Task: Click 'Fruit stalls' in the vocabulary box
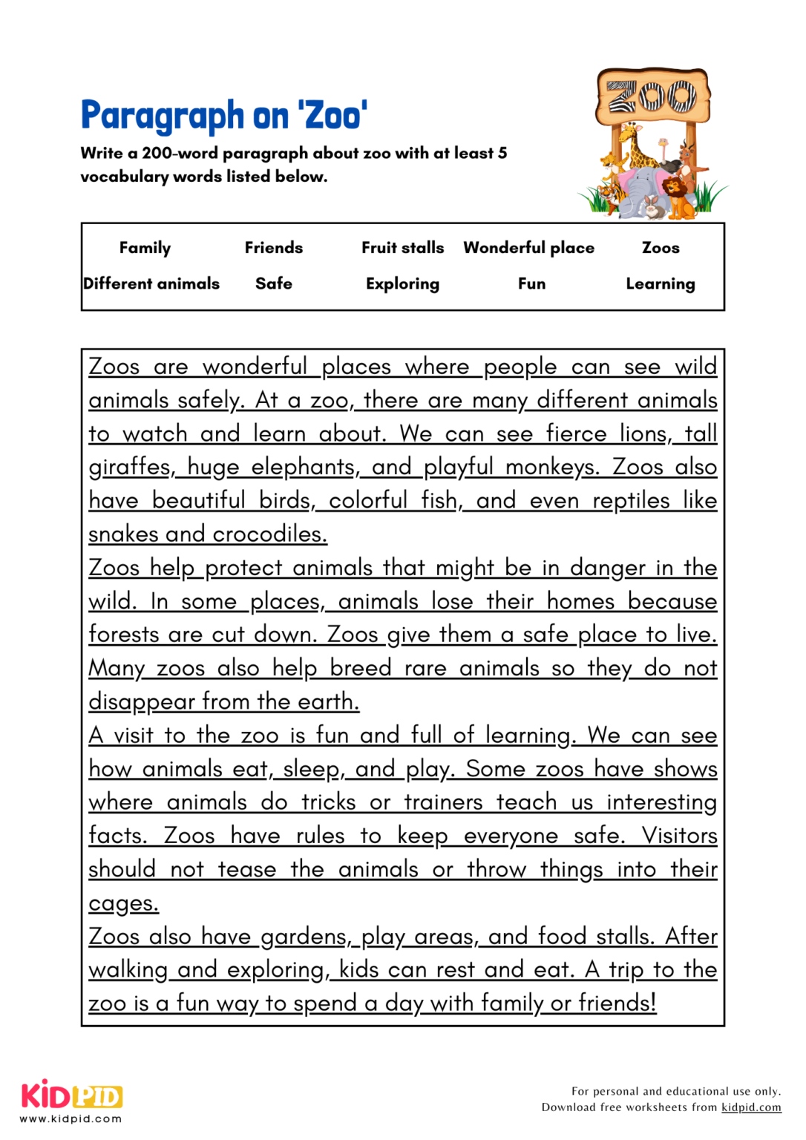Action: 402,248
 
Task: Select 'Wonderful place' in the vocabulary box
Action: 528,248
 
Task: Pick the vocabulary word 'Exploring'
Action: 402,284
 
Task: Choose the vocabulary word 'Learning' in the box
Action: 660,284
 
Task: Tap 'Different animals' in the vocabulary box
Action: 151,284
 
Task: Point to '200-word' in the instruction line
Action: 180,154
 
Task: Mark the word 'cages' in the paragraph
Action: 123,903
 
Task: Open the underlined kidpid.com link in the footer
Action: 751,1107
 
